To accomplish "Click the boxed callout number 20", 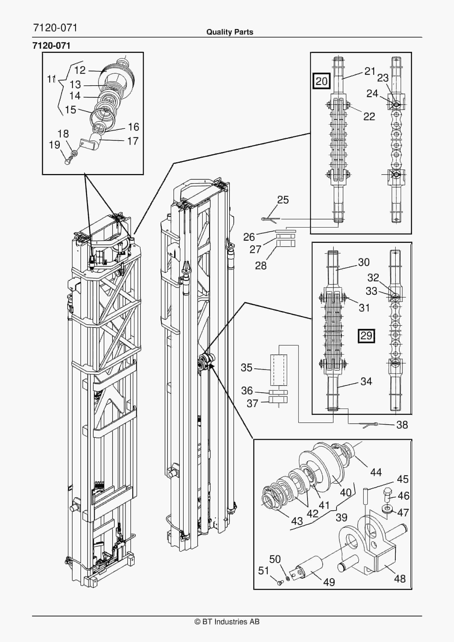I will tap(321, 81).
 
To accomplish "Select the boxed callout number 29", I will tap(366, 336).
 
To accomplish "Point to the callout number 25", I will tap(283, 200).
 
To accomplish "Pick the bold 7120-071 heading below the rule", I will tap(52, 46).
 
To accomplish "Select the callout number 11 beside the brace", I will tap(52, 79).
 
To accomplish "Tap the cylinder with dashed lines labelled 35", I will tap(279, 370).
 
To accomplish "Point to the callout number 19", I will tap(55, 145).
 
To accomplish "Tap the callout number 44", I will tap(376, 473).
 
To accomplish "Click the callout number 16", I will tap(134, 127).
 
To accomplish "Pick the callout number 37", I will tap(252, 403).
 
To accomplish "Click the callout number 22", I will tap(369, 117).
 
